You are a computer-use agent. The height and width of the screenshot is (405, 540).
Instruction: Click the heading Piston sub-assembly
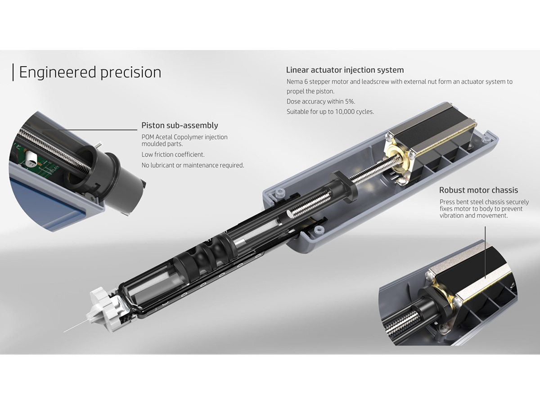[x=180, y=125]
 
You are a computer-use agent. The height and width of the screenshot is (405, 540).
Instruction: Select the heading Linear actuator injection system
[x=345, y=70]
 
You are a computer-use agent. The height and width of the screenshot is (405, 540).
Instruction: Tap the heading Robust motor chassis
[x=478, y=190]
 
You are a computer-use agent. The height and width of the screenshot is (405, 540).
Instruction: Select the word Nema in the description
[x=295, y=82]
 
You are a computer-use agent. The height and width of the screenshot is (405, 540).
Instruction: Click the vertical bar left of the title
[x=13, y=72]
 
